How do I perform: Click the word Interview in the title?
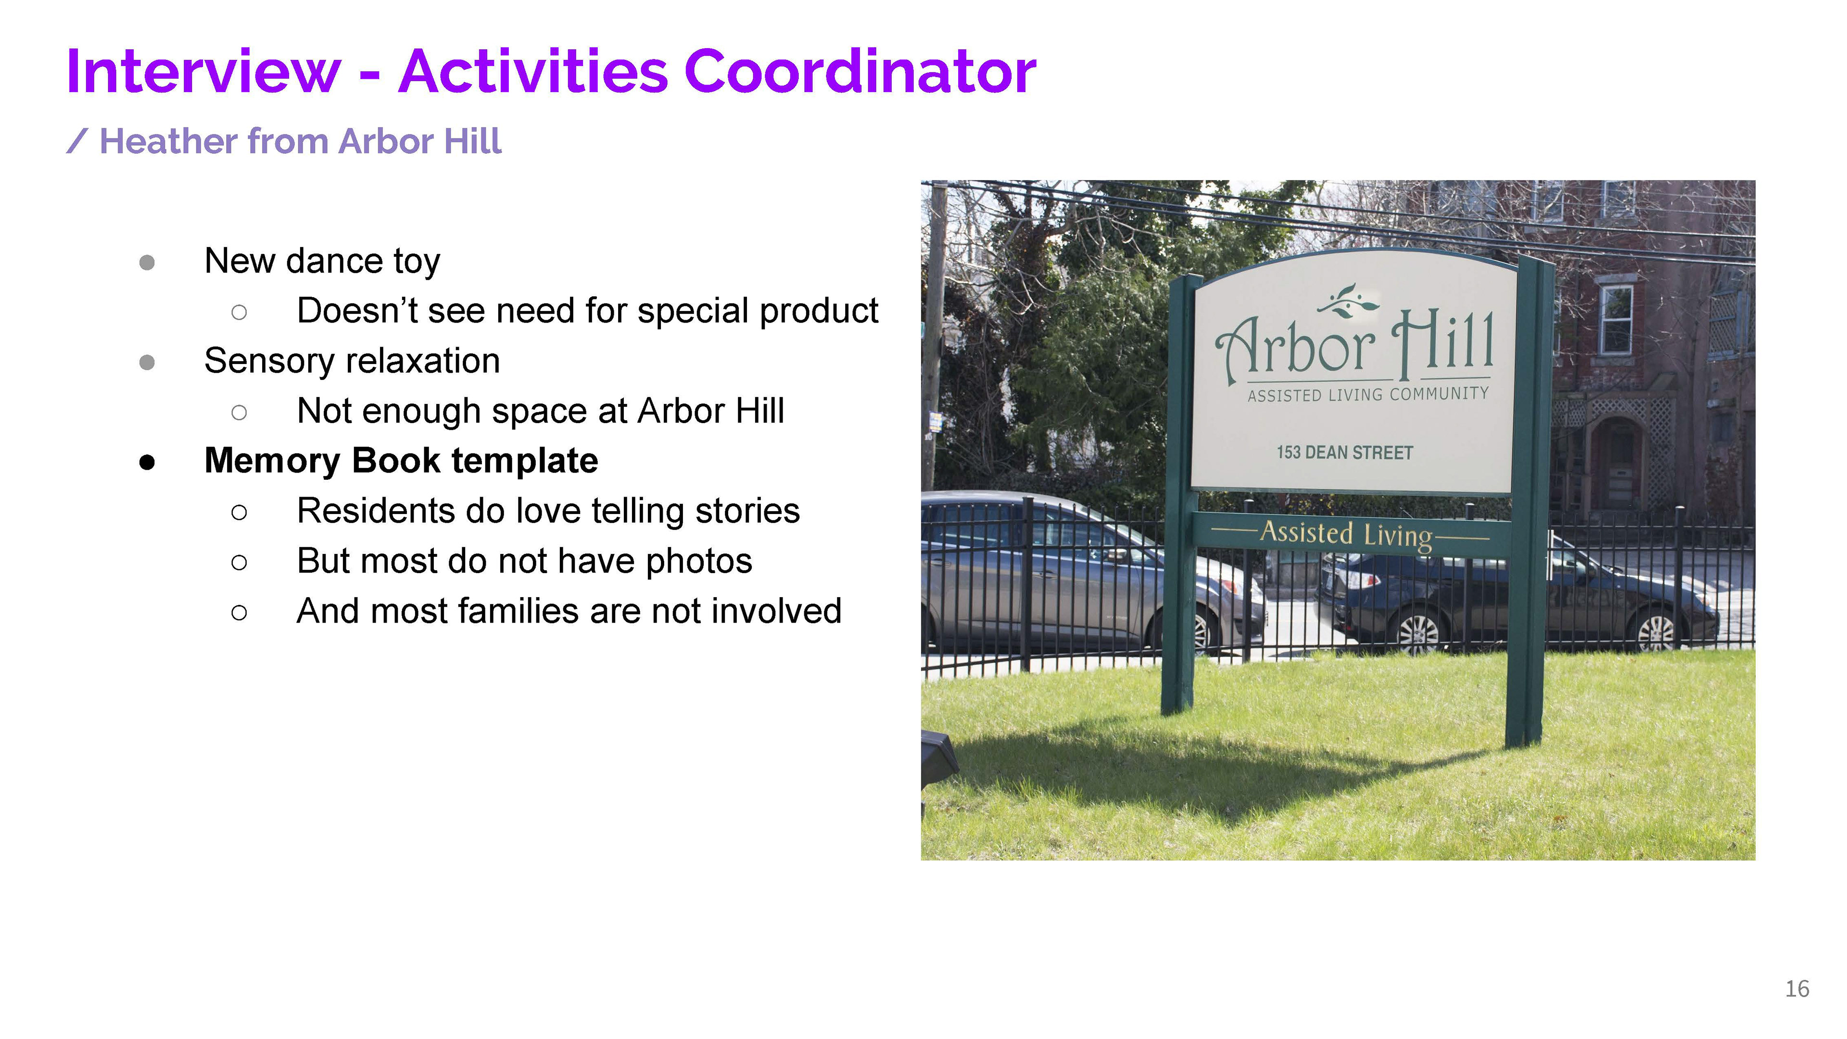(203, 71)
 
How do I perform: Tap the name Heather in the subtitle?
(168, 141)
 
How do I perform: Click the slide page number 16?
(1797, 989)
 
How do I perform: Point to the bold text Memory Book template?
(401, 460)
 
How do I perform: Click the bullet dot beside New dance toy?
(147, 262)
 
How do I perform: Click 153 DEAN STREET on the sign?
(1344, 452)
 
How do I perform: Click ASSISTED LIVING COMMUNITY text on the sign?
(1368, 394)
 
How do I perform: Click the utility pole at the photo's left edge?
(934, 337)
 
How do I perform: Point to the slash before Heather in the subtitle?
(77, 141)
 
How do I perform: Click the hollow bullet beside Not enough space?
(240, 412)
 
